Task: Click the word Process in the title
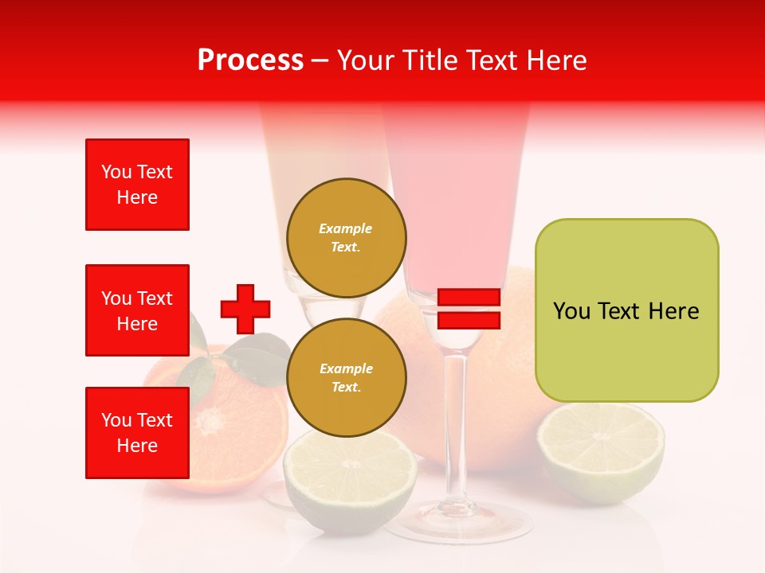250,60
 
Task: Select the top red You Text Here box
137,185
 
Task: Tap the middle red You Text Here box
137,310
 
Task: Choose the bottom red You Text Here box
137,433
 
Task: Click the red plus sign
245,309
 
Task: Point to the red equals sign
469,309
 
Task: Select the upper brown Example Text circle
346,238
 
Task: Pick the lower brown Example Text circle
346,378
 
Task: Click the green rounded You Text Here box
626,310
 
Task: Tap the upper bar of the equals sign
469,298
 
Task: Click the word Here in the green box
673,310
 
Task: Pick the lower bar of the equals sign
469,320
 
